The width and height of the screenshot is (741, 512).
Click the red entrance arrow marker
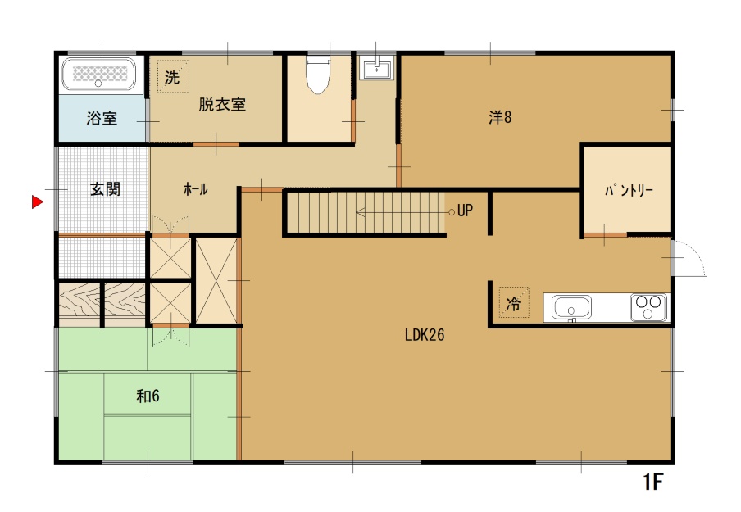(37, 202)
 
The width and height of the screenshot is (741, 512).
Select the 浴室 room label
(102, 118)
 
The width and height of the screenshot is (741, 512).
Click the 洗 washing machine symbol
(173, 76)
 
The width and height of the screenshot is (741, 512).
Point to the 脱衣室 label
(222, 104)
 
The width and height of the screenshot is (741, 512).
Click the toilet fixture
(317, 75)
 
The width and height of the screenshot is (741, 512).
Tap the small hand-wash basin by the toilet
(376, 68)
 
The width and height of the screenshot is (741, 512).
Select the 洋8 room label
(500, 116)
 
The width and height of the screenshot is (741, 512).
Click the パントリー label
(629, 190)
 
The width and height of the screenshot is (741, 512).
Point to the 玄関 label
(106, 189)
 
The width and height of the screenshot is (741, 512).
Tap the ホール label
(195, 189)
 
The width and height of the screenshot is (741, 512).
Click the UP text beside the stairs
(465, 211)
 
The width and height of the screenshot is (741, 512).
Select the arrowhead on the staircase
(360, 212)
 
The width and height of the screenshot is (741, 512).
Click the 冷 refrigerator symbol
(514, 302)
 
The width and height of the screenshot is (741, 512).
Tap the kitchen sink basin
(571, 307)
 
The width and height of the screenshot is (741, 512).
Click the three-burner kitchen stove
(648, 307)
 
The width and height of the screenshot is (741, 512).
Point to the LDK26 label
(425, 335)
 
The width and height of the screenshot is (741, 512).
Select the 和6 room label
(148, 396)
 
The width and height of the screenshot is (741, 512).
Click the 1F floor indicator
(653, 483)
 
